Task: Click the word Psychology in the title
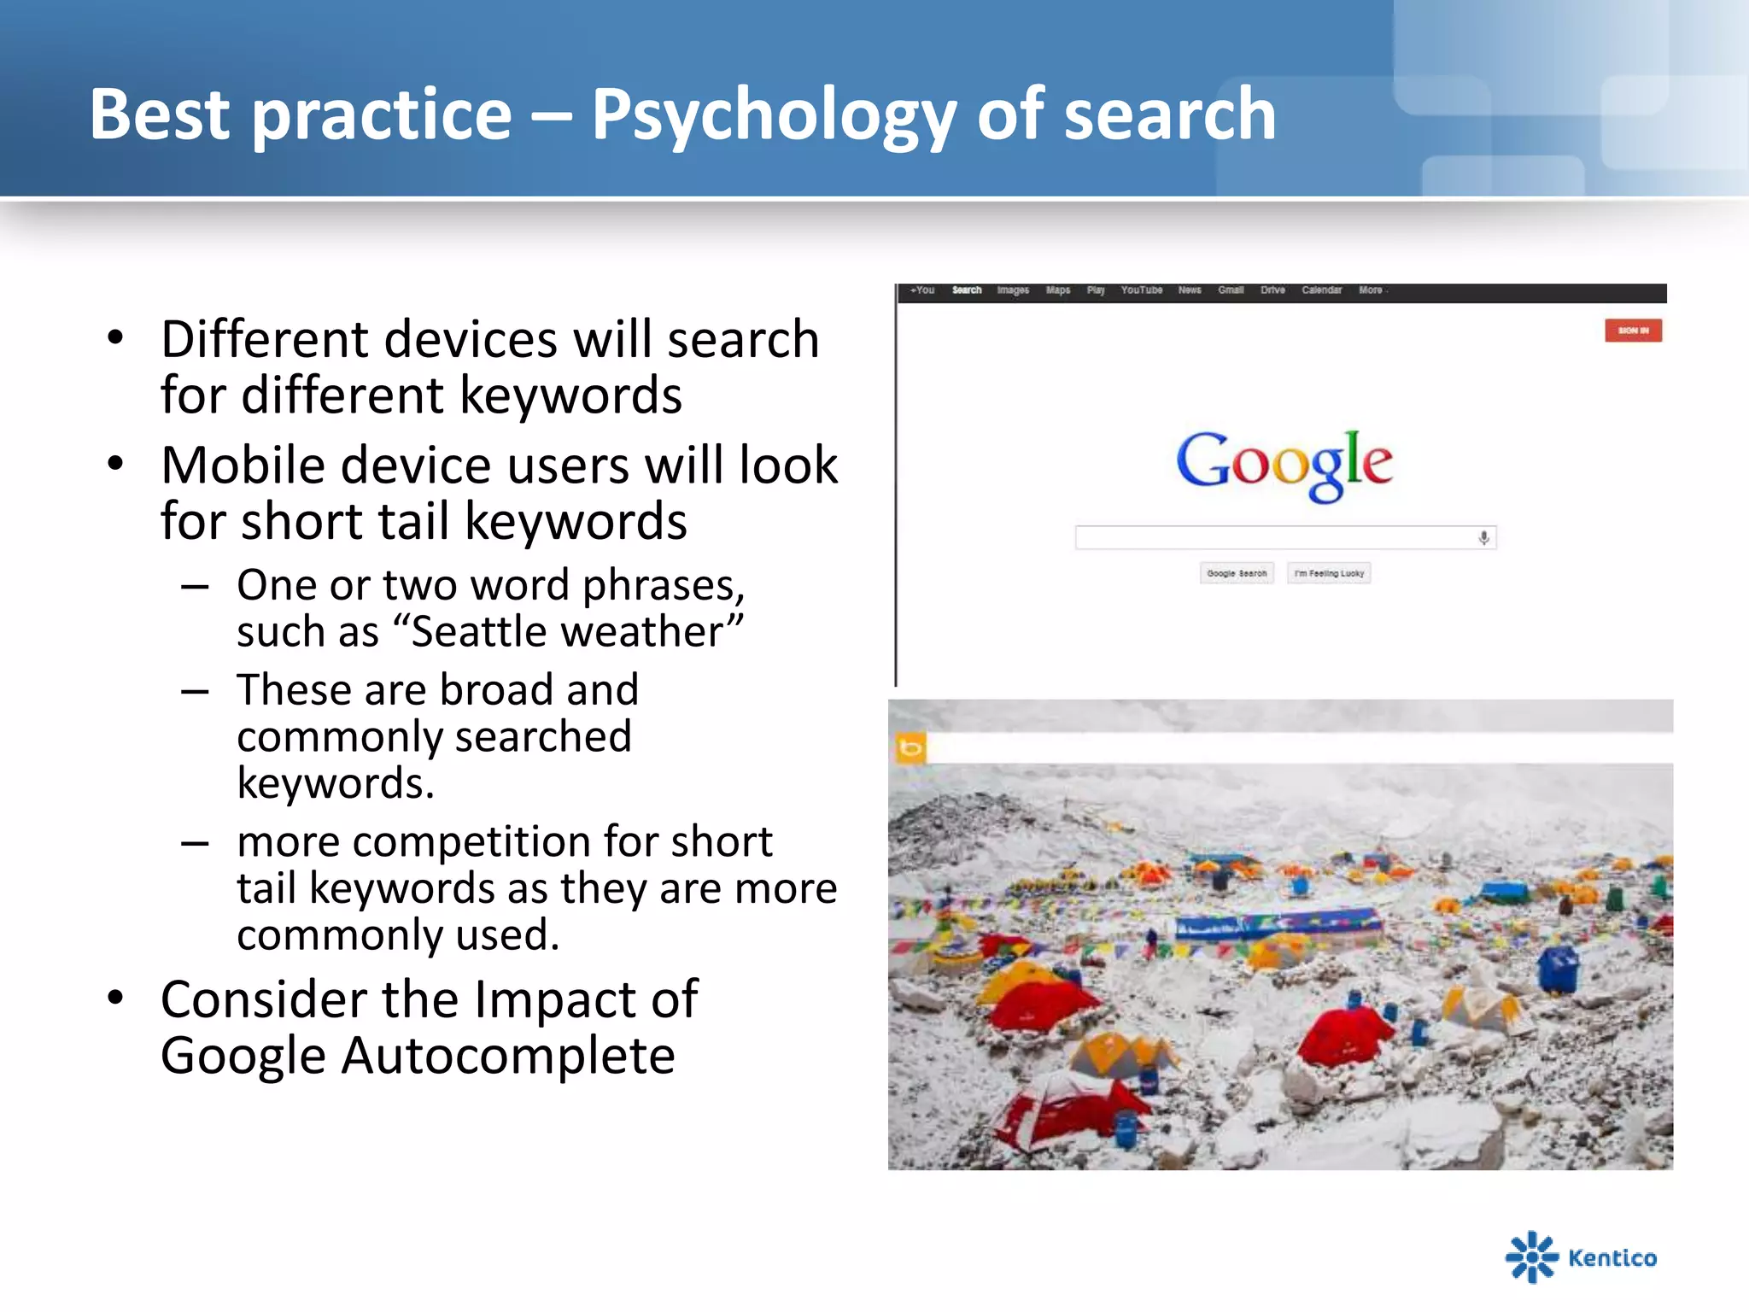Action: click(773, 115)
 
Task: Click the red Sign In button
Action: click(1633, 331)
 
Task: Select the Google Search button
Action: click(1237, 573)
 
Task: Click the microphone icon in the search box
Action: click(1484, 537)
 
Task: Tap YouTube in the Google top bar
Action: click(1141, 290)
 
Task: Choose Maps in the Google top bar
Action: click(1057, 290)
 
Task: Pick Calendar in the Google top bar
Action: click(1321, 290)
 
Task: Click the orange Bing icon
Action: click(910, 748)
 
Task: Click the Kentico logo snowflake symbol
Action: click(1531, 1256)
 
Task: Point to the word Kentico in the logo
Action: click(1612, 1257)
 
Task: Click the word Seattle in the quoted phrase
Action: click(481, 632)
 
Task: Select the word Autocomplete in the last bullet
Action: click(508, 1056)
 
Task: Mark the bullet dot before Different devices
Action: click(116, 338)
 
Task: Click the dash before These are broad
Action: click(195, 690)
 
